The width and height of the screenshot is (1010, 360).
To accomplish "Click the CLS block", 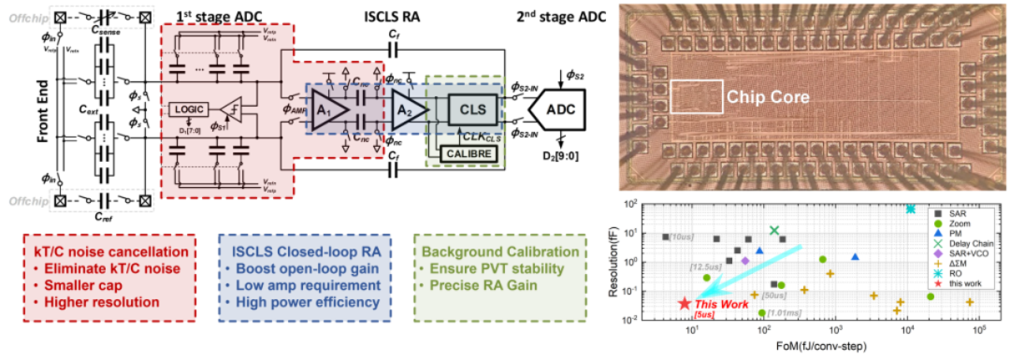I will click(473, 108).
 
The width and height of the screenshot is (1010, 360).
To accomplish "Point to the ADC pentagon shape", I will click(558, 109).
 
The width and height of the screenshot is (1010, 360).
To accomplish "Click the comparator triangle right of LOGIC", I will click(226, 109).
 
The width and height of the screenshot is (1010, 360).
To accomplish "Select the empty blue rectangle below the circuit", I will click(305, 277).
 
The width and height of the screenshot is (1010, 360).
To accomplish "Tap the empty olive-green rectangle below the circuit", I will click(501, 277).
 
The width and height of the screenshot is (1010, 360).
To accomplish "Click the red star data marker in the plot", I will click(684, 303).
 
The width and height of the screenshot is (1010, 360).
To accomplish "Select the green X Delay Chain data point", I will click(774, 230).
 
